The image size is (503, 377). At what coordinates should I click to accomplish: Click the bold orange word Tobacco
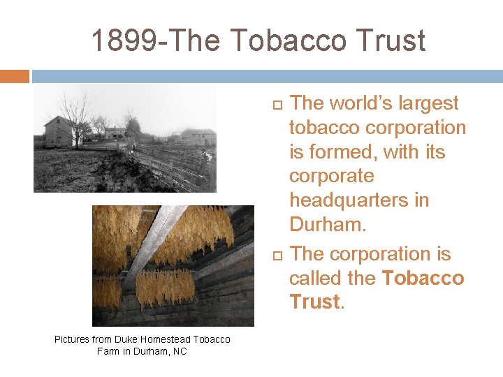tap(423, 278)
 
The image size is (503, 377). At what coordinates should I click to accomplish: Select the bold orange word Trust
tap(314, 302)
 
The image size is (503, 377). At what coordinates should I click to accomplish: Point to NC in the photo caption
tap(180, 351)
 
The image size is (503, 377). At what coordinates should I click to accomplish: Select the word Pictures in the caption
tap(72, 339)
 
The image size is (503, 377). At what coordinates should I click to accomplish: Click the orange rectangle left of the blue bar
tap(15, 76)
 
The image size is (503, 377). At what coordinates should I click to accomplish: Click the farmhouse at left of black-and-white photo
tap(59, 132)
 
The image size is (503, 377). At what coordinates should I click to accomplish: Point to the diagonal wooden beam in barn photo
tap(150, 241)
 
